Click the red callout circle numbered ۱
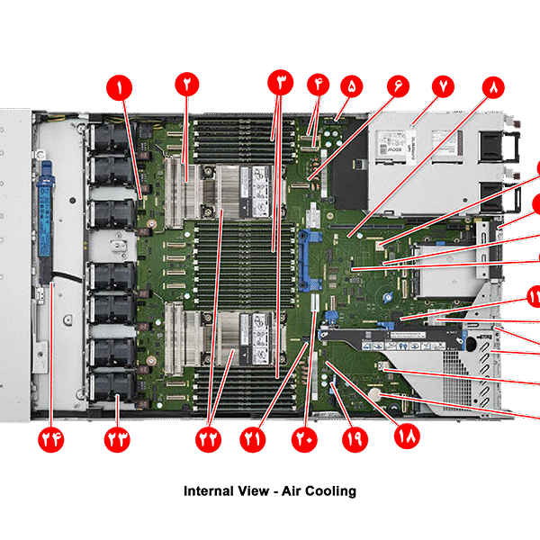pos(119,87)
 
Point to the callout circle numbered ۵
pos(351,86)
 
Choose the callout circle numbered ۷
pos(445,86)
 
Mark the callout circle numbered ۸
pos(494,86)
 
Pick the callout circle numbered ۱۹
pos(354,438)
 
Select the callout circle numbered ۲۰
pos(304,438)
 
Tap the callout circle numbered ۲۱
pos(254,438)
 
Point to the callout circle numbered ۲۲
pos(210,438)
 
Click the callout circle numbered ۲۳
pos(118,438)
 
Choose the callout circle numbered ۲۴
pos(50,438)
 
